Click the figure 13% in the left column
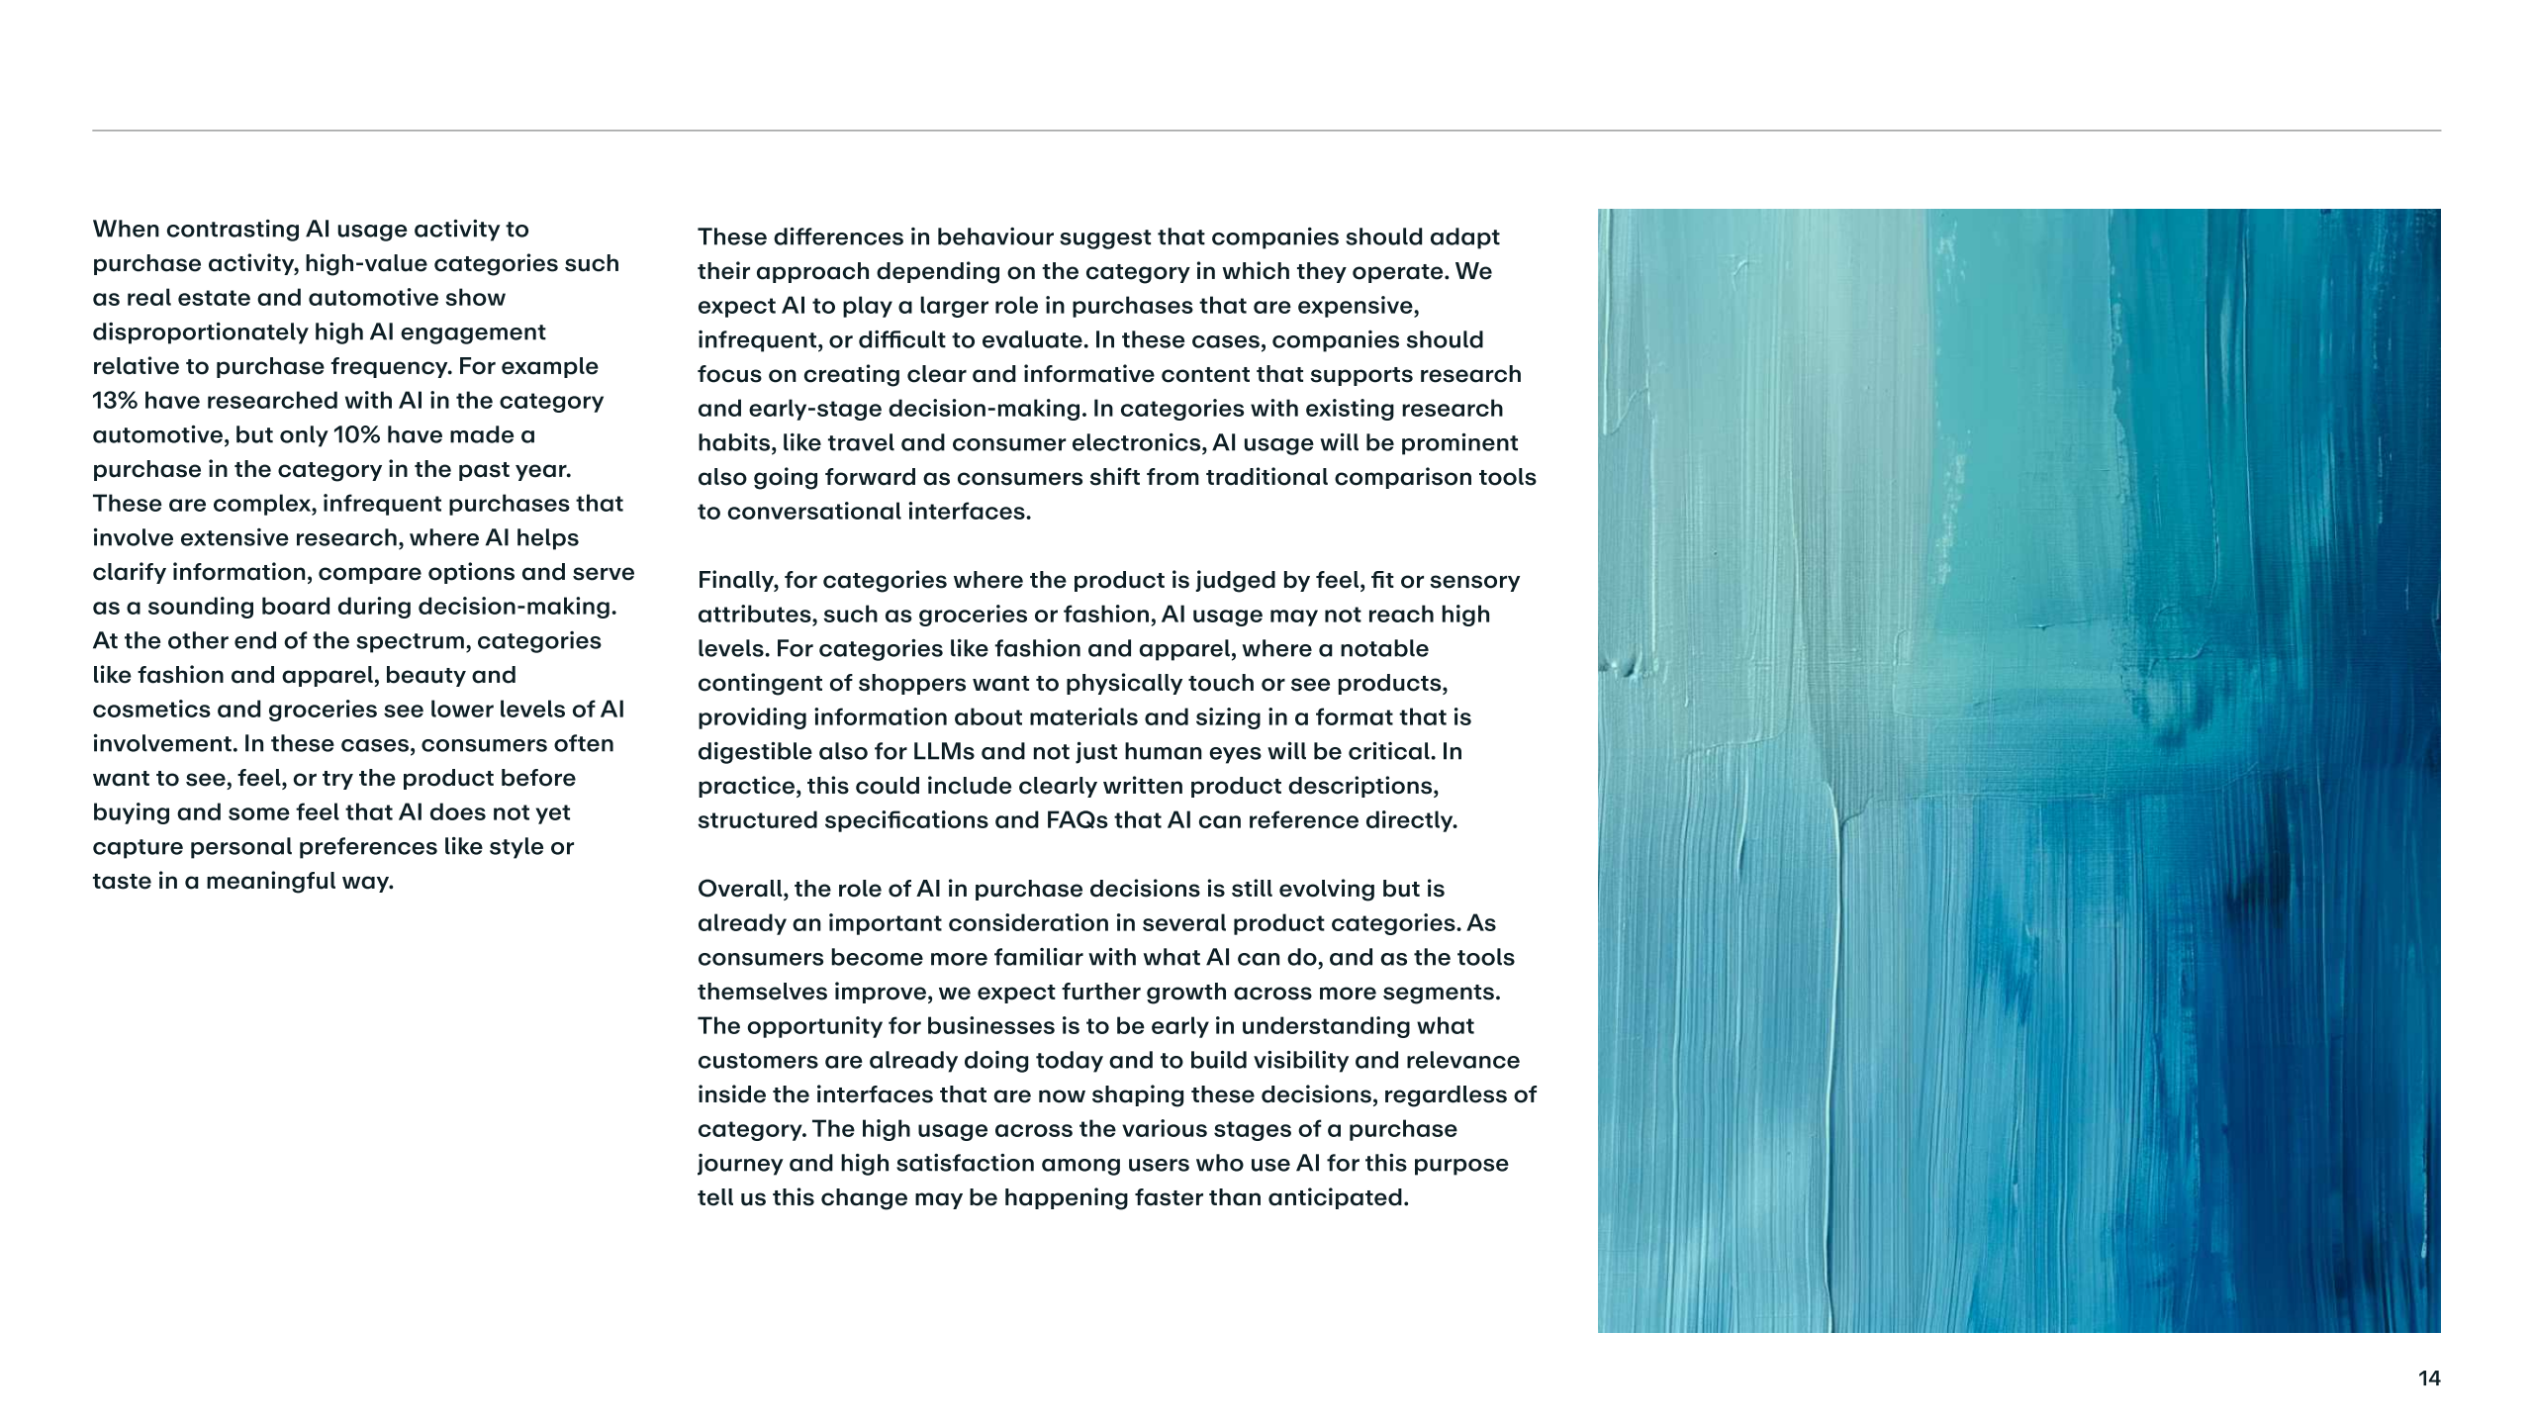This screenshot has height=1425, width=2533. tap(115, 401)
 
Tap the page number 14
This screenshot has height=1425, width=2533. tap(2428, 1378)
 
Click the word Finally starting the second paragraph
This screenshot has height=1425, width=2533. tap(737, 580)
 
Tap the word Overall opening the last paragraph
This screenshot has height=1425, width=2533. tap(741, 889)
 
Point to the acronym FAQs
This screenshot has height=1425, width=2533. tap(1077, 820)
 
